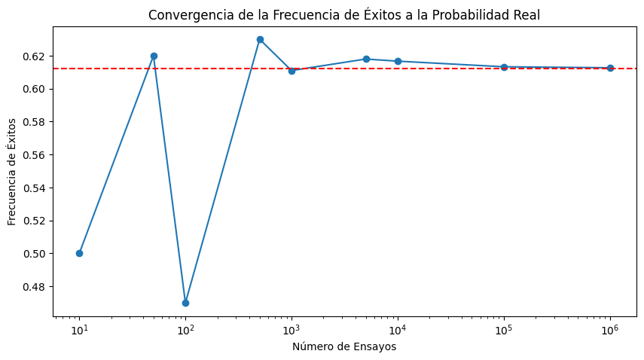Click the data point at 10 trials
[79, 253]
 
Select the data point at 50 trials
[154, 56]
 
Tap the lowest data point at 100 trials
[185, 303]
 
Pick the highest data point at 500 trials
[260, 39]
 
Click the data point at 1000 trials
[291, 71]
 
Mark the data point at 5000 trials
[366, 59]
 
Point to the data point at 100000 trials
[504, 67]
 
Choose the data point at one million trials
[610, 68]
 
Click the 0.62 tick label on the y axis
[34, 56]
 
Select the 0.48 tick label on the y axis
[34, 287]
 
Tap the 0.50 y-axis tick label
[34, 254]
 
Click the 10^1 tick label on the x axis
[79, 330]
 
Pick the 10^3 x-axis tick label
[291, 330]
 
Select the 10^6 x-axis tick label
[610, 330]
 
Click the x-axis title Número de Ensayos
[344, 347]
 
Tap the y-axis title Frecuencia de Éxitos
[13, 172]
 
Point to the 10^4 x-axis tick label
[398, 330]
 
